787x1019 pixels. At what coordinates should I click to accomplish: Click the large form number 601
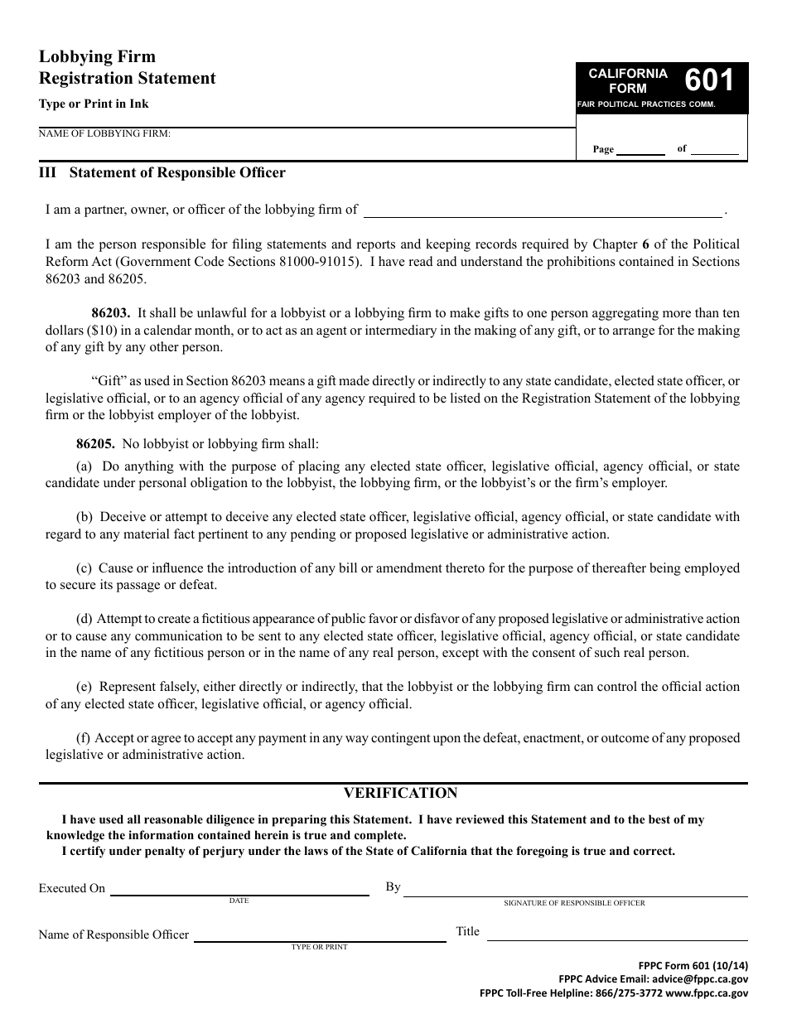(709, 80)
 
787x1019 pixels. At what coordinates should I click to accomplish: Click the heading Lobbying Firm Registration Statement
(127, 68)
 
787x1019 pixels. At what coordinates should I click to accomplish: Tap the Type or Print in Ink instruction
(94, 104)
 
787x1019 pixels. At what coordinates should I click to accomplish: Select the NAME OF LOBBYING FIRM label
(104, 133)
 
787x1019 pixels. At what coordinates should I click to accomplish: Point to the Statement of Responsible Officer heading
(177, 173)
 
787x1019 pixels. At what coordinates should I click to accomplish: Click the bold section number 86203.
(110, 313)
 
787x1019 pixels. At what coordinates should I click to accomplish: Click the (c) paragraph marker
(84, 568)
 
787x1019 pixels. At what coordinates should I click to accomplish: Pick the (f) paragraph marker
(83, 737)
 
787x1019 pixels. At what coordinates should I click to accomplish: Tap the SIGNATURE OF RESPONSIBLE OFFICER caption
(574, 903)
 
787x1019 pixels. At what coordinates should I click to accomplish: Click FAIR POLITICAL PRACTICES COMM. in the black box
(646, 105)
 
